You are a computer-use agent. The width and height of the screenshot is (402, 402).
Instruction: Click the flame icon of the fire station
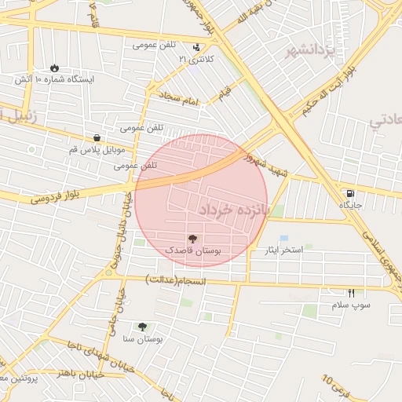click(x=54, y=68)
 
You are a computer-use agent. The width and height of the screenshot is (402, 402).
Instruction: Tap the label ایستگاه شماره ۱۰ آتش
click(x=55, y=80)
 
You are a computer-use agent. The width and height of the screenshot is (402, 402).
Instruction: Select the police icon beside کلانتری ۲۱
click(x=196, y=46)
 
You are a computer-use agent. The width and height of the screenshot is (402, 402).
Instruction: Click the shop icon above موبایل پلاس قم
click(x=97, y=137)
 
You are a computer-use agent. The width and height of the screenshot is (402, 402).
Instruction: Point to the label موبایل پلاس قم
click(x=97, y=149)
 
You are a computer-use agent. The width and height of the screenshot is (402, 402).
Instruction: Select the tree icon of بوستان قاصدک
click(x=192, y=237)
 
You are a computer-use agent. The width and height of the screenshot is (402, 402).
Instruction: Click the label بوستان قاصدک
click(x=193, y=249)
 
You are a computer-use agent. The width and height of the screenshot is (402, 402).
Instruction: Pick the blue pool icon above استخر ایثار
click(x=283, y=238)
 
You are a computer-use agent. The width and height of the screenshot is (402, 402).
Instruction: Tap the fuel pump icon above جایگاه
click(x=349, y=193)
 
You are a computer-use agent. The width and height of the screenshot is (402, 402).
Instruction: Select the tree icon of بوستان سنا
click(x=142, y=327)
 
